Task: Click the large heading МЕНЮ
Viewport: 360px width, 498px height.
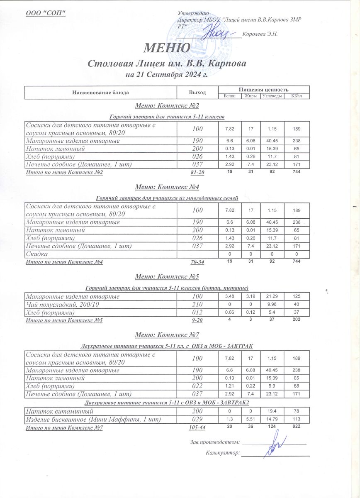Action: pos(167,47)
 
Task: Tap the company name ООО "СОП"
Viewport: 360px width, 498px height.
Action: pos(46,13)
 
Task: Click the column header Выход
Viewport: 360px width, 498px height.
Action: pos(197,92)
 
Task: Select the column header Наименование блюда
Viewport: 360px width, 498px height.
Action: pos(101,92)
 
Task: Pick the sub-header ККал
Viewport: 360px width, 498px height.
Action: pos(296,96)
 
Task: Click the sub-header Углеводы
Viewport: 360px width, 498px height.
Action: pos(272,96)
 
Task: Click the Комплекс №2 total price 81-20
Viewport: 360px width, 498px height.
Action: pos(197,172)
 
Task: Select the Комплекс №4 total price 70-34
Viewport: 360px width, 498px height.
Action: pos(197,262)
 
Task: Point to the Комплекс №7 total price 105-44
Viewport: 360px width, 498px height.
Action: pos(197,427)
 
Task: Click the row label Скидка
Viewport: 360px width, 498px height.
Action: pos(36,254)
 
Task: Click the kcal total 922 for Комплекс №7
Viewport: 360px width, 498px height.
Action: pos(296,426)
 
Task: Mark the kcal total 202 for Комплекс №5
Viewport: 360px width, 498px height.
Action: pos(296,320)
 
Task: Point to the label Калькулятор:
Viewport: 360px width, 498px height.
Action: pos(223,453)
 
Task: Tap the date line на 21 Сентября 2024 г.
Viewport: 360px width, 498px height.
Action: pos(167,75)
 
